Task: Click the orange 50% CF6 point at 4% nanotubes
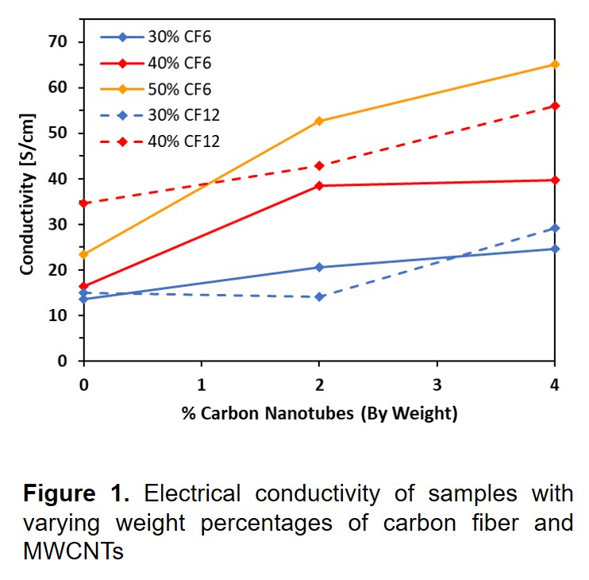tap(555, 64)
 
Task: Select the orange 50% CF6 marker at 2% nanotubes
tap(319, 121)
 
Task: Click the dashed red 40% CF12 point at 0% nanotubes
tap(83, 203)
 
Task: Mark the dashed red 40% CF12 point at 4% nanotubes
tap(555, 106)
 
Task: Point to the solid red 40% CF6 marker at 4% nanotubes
tap(555, 180)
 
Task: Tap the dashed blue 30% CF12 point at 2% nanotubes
tap(319, 296)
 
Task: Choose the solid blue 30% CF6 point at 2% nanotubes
tap(319, 267)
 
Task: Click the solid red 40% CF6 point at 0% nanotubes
tap(83, 286)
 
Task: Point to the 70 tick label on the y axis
tap(59, 41)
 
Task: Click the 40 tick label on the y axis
tap(59, 179)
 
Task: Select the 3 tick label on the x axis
tap(437, 385)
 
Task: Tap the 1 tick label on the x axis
tap(201, 385)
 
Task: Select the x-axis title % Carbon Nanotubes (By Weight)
tap(319, 413)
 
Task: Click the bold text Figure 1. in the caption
tap(75, 494)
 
